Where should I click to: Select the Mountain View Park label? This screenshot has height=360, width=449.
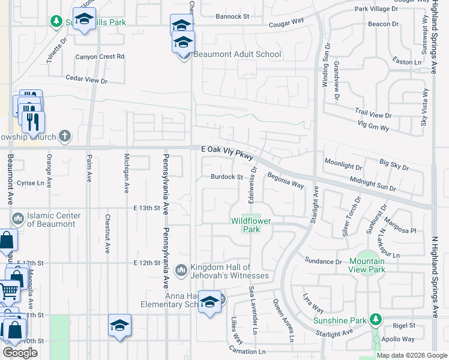click(367, 265)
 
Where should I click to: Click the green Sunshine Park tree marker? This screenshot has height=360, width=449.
click(376, 318)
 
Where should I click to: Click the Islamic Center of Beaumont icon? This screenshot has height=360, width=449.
click(17, 216)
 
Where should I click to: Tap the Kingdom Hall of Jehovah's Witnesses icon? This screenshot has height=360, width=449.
click(181, 271)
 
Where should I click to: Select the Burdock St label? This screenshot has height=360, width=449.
click(226, 177)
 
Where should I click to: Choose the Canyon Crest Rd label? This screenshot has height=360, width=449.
click(100, 56)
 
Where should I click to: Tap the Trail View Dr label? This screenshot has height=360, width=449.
click(373, 113)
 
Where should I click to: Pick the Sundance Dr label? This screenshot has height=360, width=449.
click(324, 262)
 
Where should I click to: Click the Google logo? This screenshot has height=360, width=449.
click(20, 353)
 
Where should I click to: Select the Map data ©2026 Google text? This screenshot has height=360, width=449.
click(412, 355)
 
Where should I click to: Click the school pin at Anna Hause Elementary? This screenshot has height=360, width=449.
click(210, 301)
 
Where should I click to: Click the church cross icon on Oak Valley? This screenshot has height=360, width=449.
click(65, 135)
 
